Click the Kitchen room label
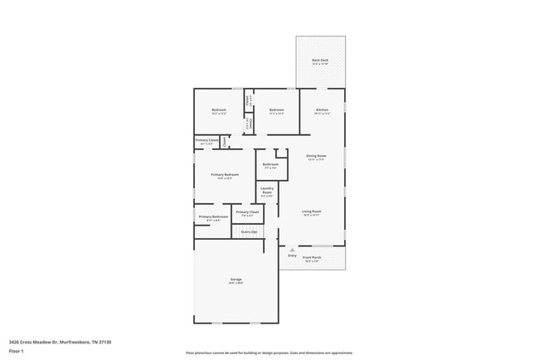321,110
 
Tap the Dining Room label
316,155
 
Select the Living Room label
311,211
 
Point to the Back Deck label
321,61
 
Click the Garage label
236,279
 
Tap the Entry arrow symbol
292,249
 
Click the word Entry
292,255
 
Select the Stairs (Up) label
249,231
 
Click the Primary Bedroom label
225,174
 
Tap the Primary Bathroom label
213,216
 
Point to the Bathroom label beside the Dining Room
270,164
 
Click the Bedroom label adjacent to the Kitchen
276,110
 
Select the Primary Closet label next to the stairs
247,212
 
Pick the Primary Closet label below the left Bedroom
207,140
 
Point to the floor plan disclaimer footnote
269,352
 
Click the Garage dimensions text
236,283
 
